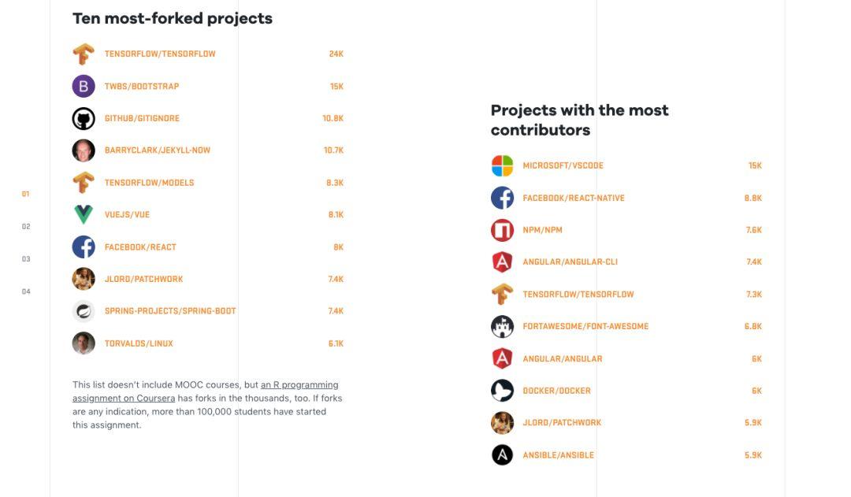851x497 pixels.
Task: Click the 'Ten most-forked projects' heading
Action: [x=173, y=18]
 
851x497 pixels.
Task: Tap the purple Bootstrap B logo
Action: [x=84, y=86]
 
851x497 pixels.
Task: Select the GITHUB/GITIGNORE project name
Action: [x=142, y=118]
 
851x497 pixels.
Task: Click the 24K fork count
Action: [x=336, y=54]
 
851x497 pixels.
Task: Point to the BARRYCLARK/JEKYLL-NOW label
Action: [x=158, y=150]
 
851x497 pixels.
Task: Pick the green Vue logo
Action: [x=84, y=214]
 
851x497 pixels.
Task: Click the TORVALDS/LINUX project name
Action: [x=139, y=343]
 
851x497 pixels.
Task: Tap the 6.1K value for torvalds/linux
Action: [x=336, y=343]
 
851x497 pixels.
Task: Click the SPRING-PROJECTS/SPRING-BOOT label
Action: [x=170, y=311]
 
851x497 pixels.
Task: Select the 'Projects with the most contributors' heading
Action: [x=579, y=120]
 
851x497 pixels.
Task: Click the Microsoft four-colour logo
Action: [x=502, y=165]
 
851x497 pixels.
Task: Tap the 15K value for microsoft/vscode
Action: [x=755, y=166]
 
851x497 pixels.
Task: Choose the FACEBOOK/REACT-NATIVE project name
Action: [x=574, y=198]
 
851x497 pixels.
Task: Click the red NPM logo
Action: [x=502, y=230]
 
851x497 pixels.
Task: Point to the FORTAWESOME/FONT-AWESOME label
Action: [x=585, y=326]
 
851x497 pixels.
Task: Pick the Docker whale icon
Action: [x=502, y=391]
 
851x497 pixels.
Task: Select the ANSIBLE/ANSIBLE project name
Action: [x=559, y=455]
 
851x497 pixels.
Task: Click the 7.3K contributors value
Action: [x=754, y=295]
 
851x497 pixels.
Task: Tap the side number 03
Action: [x=26, y=259]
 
